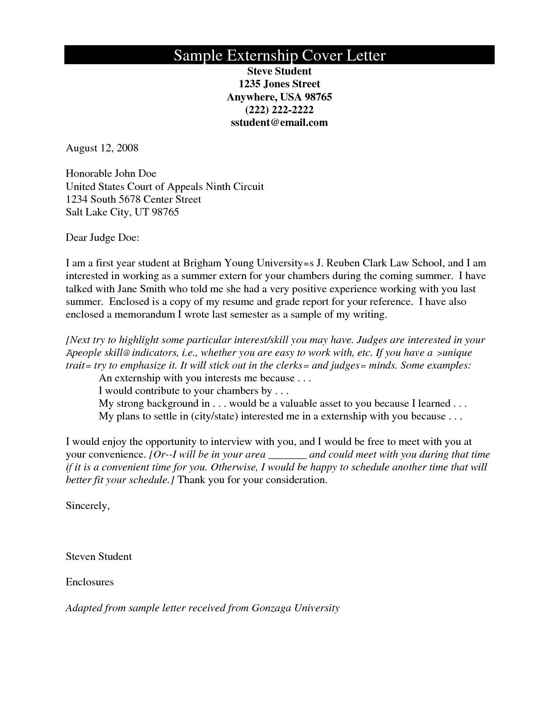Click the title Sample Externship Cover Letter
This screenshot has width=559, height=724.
(x=279, y=55)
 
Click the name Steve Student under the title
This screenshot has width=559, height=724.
(x=279, y=71)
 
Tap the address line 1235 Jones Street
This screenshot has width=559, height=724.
(x=279, y=84)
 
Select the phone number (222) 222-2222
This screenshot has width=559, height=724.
(x=279, y=110)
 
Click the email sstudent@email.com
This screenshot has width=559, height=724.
(x=279, y=122)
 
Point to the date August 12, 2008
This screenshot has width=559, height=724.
(x=102, y=148)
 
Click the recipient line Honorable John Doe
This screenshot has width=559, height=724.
(x=111, y=173)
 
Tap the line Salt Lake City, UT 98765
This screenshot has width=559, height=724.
(x=122, y=212)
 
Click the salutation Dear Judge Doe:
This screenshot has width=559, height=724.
(x=103, y=238)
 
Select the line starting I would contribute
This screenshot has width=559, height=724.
(x=193, y=391)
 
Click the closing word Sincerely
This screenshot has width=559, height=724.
(x=87, y=506)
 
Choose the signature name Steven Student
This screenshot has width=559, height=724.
(x=99, y=557)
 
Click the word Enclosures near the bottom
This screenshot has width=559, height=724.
(x=89, y=582)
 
